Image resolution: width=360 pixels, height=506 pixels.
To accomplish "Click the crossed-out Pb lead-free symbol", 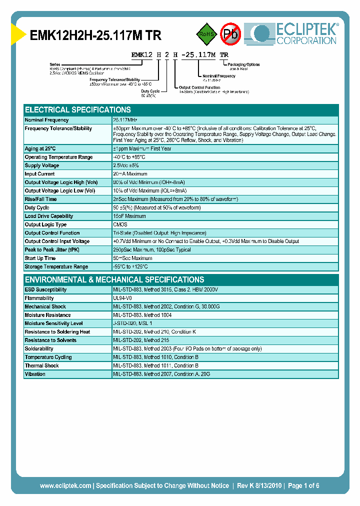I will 230,34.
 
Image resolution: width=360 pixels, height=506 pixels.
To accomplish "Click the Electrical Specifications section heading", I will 78,109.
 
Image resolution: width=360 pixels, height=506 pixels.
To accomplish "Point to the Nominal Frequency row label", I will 46,120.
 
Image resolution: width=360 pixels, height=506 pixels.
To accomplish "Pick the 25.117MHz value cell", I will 125,120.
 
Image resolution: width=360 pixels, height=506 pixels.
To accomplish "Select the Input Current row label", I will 40,174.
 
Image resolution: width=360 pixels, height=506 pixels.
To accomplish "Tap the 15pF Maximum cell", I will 129,216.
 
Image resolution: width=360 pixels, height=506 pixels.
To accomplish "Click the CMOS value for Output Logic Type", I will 120,224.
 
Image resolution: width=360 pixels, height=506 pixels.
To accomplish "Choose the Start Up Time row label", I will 40,258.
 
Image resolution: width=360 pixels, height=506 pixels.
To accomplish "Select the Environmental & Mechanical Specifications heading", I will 114,279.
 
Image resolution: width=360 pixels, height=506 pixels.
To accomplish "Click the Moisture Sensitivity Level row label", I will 53,323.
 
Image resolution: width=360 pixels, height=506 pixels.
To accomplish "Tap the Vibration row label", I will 35,374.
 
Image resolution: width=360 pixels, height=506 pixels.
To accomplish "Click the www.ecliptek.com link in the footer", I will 65,485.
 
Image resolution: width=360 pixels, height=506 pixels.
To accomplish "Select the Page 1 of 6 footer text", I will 303,485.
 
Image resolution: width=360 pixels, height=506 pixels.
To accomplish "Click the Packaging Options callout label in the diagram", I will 243,64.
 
